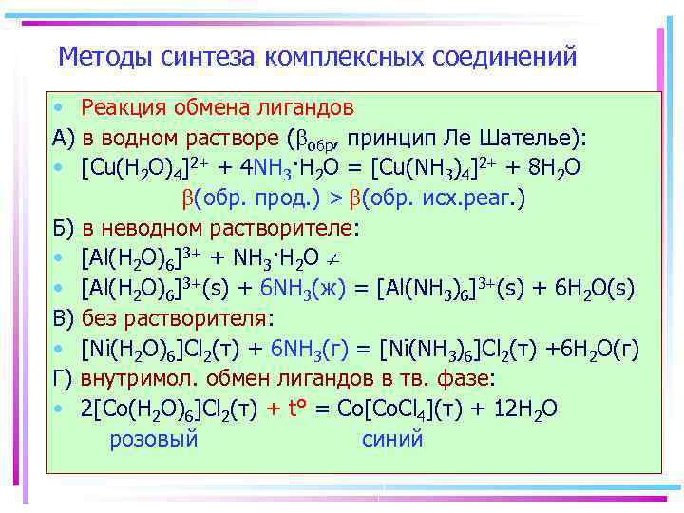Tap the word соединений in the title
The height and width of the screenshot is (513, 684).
point(504,57)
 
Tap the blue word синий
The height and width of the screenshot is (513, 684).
point(392,439)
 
